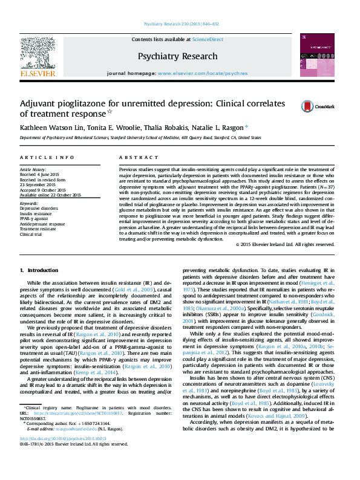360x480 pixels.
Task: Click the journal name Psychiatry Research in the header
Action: pos(177,56)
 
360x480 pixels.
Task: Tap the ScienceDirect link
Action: pos(208,39)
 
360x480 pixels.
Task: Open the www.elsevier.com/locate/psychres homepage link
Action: pos(203,73)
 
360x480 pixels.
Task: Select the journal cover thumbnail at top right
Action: pos(316,55)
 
